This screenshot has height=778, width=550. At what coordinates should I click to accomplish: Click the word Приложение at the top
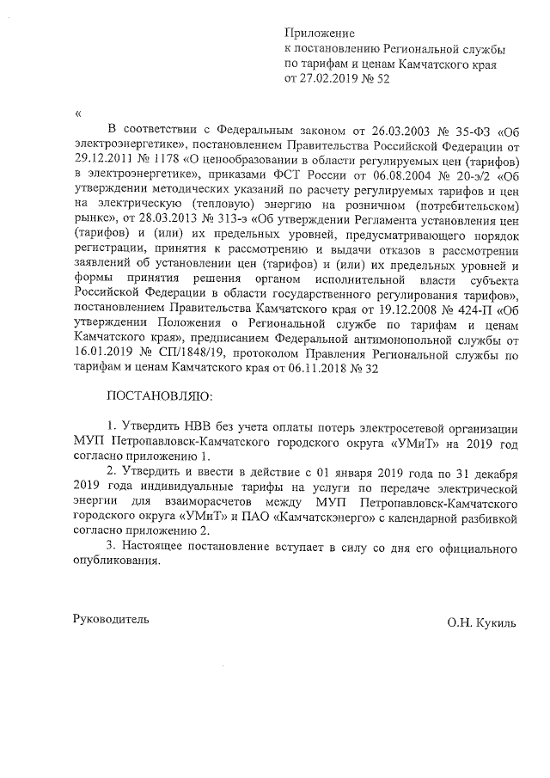pos(315,34)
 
